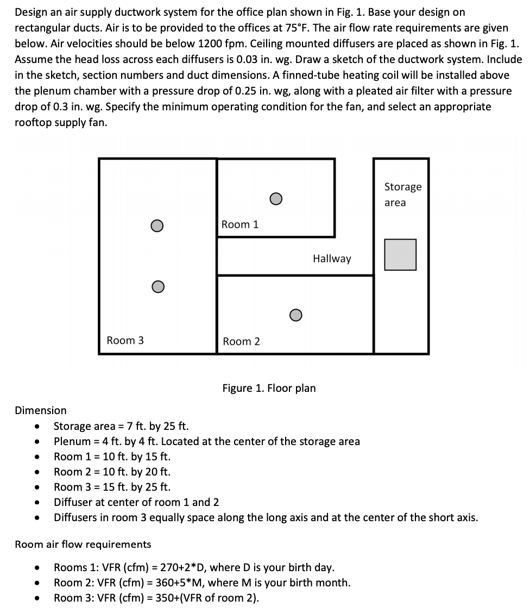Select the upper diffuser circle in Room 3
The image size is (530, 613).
click(157, 225)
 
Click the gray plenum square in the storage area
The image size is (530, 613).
click(400, 254)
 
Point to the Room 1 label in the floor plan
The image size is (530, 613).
click(240, 224)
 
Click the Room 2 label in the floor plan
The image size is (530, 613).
click(241, 341)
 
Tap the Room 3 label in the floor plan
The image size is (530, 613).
click(125, 340)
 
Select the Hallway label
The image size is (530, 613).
click(332, 259)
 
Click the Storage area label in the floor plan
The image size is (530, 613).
click(402, 194)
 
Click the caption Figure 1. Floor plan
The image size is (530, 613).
click(269, 388)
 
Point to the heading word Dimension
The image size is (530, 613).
click(41, 410)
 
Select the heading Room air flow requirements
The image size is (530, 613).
click(83, 544)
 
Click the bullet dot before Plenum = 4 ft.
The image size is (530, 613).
click(36, 441)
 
